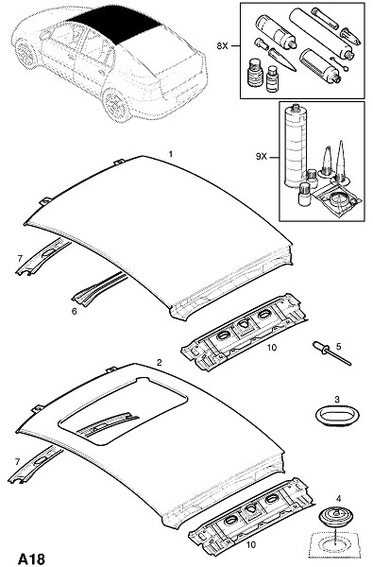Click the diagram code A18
[x=32, y=558]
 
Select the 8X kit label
[x=223, y=46]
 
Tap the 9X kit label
[x=261, y=157]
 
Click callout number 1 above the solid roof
[x=171, y=154]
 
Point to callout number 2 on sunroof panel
[x=159, y=362]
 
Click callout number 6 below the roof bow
[x=74, y=311]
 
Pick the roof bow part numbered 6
[x=99, y=289]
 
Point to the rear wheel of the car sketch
[x=116, y=104]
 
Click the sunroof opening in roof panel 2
[x=123, y=411]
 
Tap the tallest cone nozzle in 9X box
[x=341, y=161]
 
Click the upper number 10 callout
[x=272, y=348]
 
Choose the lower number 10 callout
[x=250, y=544]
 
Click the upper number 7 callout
[x=20, y=258]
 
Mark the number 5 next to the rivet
[x=338, y=347]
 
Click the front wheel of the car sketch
[x=26, y=54]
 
